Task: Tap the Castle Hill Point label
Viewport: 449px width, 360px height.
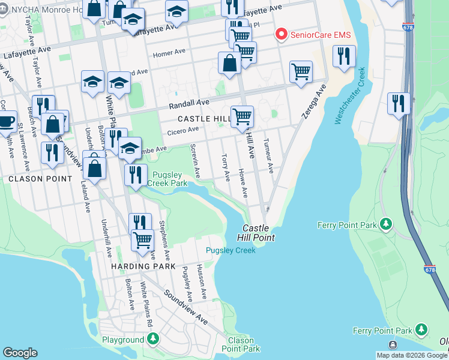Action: coord(259,233)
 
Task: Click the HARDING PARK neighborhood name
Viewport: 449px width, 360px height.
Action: coord(143,266)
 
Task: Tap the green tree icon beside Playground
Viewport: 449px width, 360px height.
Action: coord(153,339)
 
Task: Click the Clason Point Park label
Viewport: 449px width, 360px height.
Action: coord(241,344)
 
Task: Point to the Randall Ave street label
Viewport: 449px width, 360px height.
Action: coord(188,104)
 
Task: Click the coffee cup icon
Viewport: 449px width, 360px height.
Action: coord(7,121)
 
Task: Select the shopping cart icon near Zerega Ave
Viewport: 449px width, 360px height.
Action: coord(301,71)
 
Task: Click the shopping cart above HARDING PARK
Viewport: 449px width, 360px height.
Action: coord(143,239)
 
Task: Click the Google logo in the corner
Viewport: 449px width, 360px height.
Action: coord(20,353)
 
